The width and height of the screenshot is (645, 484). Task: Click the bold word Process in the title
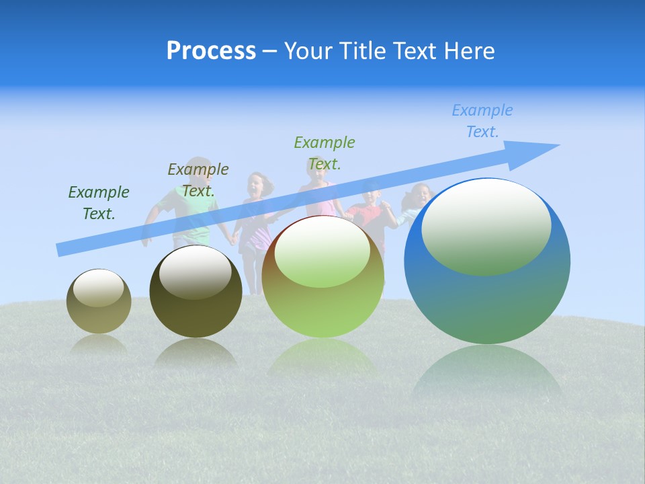point(211,51)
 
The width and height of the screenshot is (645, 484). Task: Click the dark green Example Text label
point(99,203)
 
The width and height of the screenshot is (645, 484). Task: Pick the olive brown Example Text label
point(198,179)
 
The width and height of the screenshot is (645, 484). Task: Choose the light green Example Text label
point(325,153)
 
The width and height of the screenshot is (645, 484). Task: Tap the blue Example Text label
point(482,121)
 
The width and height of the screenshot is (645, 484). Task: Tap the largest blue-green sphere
point(487,296)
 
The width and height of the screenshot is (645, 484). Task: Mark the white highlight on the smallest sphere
point(98,288)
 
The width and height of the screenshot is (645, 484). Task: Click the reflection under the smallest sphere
point(99,344)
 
